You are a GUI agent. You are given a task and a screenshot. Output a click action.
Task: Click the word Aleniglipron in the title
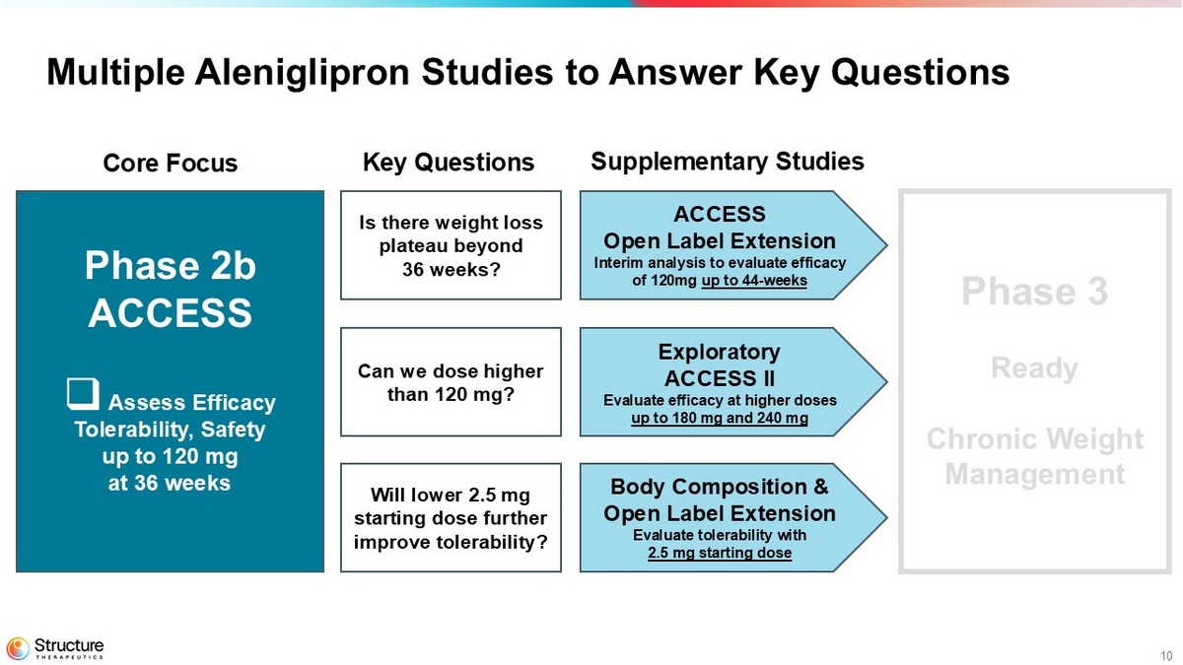tap(302, 72)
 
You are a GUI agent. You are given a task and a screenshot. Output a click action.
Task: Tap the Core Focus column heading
tap(170, 163)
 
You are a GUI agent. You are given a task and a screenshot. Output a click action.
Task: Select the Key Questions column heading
tap(449, 162)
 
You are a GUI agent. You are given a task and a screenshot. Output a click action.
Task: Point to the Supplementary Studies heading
tap(728, 161)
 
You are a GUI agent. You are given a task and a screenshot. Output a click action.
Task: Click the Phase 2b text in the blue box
tap(170, 265)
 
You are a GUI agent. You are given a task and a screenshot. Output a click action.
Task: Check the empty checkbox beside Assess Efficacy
tap(83, 394)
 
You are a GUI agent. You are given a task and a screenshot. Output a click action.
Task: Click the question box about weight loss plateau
tap(452, 245)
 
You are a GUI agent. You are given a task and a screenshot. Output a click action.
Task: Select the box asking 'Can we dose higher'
tap(452, 382)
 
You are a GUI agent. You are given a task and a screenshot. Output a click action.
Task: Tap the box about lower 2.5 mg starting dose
tap(452, 518)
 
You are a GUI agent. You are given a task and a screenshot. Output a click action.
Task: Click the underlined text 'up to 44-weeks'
tap(754, 280)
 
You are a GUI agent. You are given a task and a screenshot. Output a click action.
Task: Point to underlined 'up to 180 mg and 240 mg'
tap(720, 418)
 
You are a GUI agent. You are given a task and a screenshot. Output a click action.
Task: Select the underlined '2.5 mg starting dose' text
tap(720, 553)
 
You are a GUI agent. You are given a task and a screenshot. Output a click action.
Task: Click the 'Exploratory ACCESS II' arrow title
tap(720, 366)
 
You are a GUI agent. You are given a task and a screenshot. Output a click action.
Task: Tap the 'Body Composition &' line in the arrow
tap(720, 487)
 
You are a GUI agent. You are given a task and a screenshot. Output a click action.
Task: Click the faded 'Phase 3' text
tap(1034, 291)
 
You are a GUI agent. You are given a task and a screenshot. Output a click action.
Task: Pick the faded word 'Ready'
tap(1034, 368)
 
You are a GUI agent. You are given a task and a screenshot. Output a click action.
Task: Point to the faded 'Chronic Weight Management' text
tap(1034, 456)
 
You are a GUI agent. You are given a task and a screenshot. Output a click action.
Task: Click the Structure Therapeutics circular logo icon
tap(18, 648)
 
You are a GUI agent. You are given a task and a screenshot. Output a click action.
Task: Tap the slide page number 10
tap(1166, 656)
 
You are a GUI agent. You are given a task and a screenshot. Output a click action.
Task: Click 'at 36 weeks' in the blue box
tap(170, 483)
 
